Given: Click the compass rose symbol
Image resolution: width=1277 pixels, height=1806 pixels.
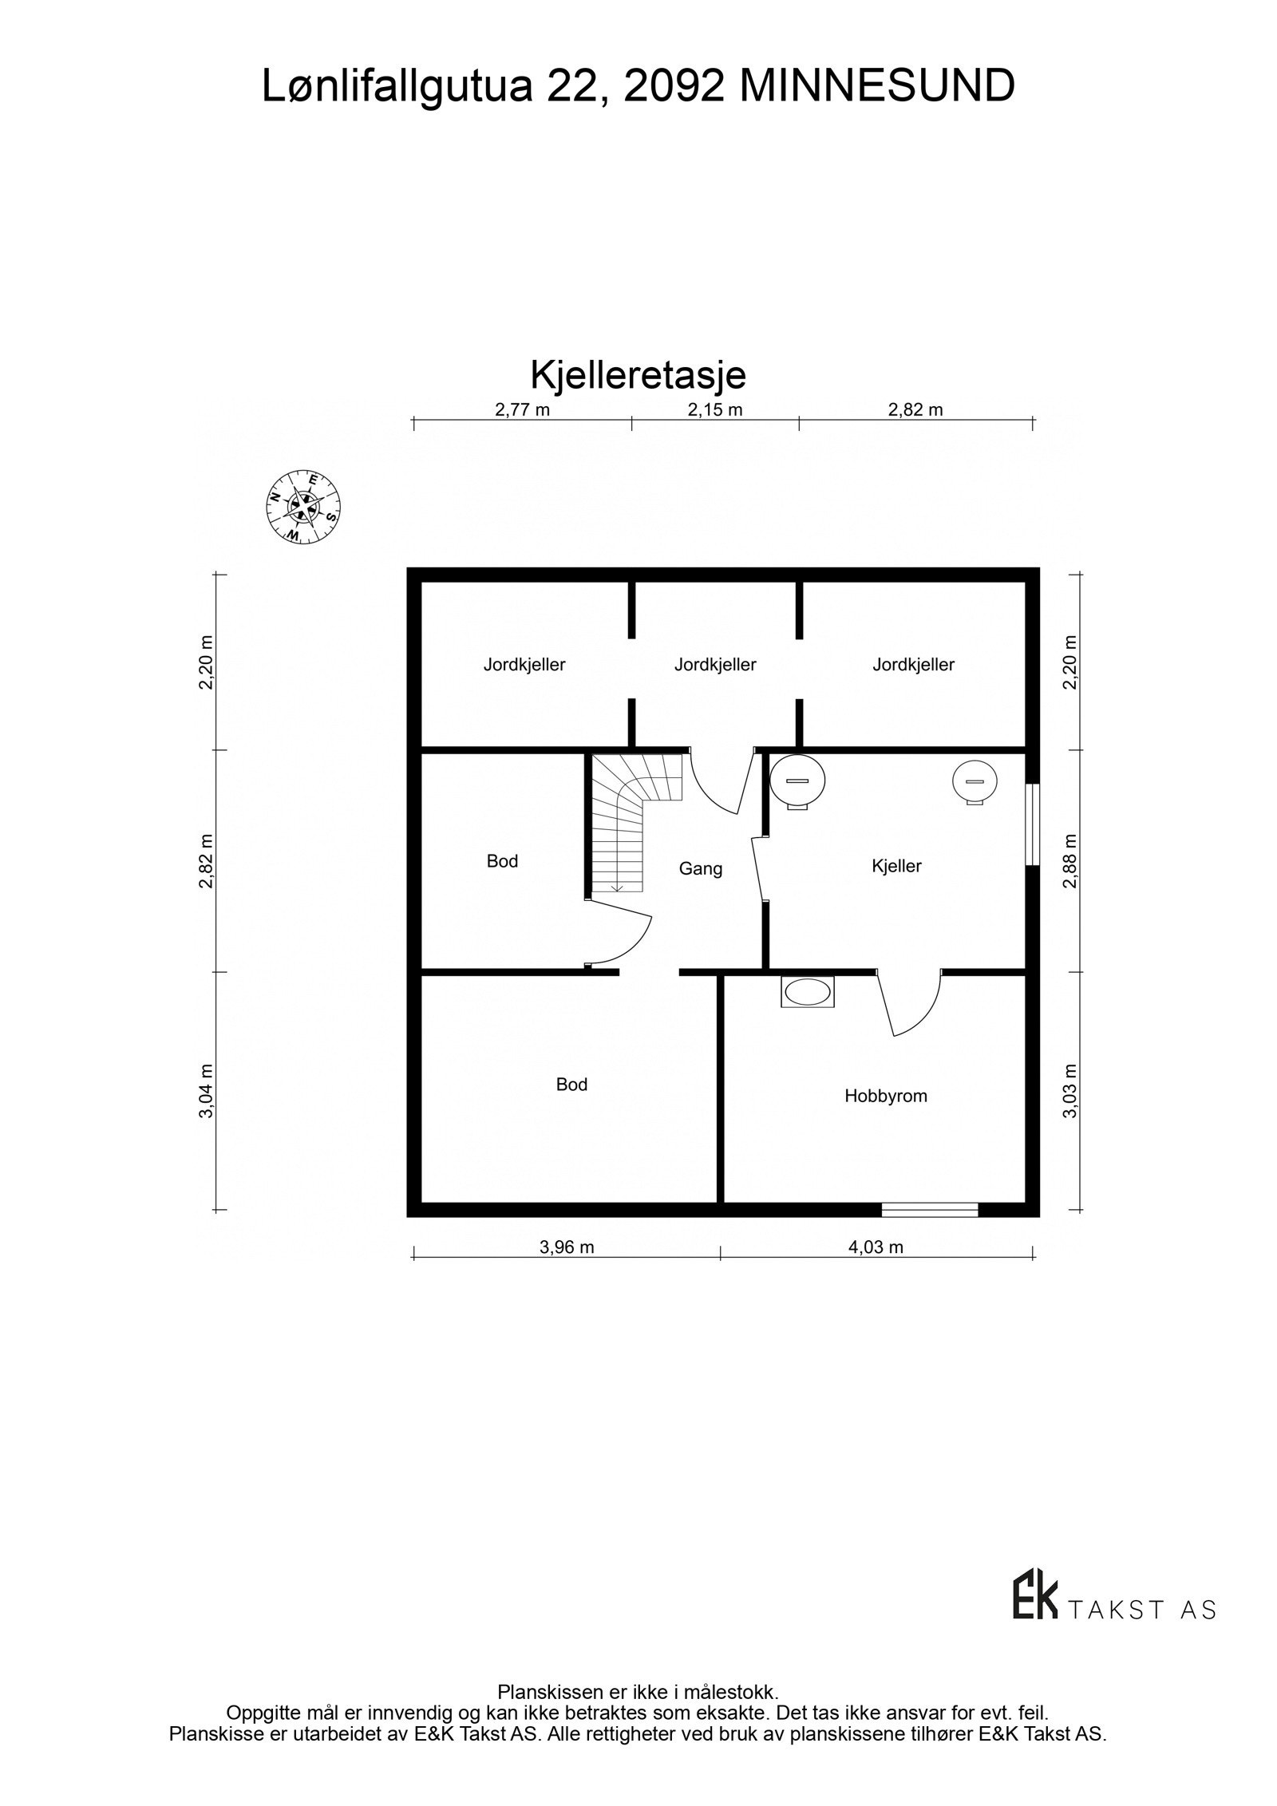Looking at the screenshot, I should (x=303, y=507).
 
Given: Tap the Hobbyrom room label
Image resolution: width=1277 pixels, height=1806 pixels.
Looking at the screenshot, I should (x=886, y=1096).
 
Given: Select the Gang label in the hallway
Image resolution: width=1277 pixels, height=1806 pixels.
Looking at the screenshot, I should (x=701, y=869).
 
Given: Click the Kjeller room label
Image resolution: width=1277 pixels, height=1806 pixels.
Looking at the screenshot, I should (x=897, y=866).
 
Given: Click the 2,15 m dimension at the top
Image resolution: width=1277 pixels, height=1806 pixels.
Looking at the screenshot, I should (x=715, y=410).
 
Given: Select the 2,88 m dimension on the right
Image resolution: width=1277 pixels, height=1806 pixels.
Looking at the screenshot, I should (x=1070, y=860).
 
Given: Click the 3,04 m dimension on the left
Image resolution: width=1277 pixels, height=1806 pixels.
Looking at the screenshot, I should (x=207, y=1091).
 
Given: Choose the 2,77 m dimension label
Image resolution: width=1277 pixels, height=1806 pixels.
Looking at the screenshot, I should (x=523, y=410).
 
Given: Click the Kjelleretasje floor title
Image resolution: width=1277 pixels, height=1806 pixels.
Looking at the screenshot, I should (x=638, y=375).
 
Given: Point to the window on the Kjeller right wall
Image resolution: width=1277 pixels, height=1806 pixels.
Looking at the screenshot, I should (x=1033, y=824).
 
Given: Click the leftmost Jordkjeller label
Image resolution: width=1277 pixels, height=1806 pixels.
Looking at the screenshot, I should (x=524, y=665).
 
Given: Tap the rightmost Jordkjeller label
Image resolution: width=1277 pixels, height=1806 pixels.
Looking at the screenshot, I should (x=913, y=665).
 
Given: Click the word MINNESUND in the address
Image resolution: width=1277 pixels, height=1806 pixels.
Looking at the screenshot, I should (x=877, y=86).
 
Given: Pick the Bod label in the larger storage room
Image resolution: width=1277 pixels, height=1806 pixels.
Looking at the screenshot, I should (x=571, y=1085).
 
